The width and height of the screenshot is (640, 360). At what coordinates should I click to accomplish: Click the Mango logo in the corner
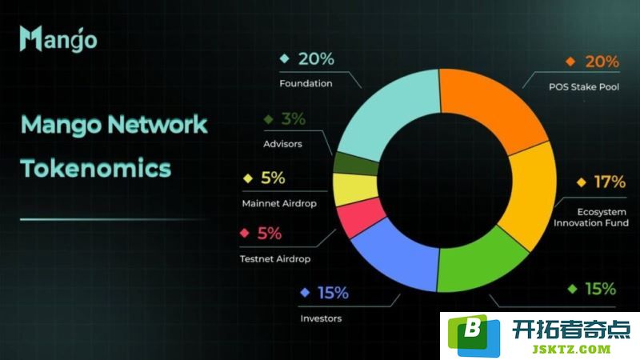(58, 39)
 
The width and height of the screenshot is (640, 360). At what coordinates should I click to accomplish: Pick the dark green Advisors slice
(355, 163)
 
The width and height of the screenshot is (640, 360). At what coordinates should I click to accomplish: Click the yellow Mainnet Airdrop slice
(355, 189)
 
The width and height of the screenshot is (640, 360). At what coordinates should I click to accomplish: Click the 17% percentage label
(610, 182)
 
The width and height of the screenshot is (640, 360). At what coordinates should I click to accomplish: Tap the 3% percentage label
(293, 118)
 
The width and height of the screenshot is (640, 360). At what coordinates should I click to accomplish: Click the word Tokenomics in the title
(96, 168)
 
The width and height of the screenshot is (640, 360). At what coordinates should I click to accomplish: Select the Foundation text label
(306, 83)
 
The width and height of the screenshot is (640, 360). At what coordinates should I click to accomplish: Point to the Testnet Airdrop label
(275, 258)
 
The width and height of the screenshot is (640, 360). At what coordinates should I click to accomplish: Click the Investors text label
(321, 318)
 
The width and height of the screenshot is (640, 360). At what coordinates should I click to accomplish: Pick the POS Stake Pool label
(584, 86)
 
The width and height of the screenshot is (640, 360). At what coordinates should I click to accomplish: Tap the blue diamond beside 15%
(305, 292)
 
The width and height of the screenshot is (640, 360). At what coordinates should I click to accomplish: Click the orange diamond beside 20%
(570, 62)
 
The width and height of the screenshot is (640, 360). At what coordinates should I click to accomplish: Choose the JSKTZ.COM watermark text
(571, 350)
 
